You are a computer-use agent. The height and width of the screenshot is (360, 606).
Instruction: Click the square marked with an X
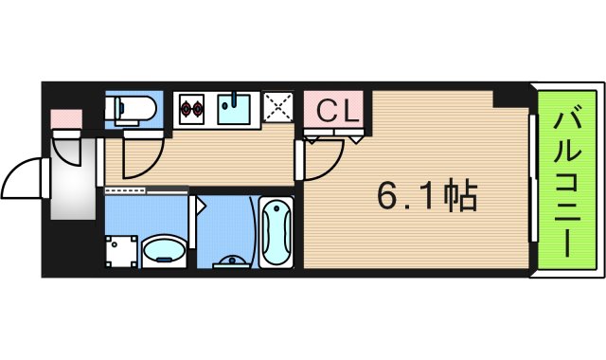coord(279,109)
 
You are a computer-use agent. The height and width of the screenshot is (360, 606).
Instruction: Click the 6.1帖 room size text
coord(425,197)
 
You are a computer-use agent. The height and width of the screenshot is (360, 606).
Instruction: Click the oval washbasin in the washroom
coord(164,252)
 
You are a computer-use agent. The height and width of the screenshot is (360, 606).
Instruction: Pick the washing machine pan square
coord(121,251)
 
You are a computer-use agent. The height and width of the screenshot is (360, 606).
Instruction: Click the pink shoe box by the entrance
coord(67,119)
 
